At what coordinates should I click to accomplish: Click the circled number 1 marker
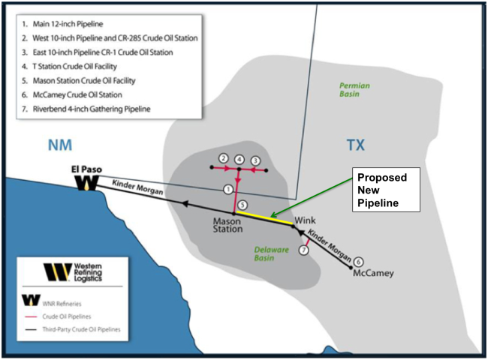228,189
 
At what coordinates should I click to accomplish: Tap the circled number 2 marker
224,158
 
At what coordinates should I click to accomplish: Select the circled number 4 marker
239,160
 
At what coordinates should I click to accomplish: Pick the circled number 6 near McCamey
359,262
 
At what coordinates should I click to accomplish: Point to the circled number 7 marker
304,250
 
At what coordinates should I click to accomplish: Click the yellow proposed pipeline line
265,217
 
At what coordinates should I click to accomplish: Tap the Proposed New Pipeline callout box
386,190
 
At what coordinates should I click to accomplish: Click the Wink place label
305,220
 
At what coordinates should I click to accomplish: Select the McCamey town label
373,274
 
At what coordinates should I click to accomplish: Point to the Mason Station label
227,226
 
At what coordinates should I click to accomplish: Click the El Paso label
86,169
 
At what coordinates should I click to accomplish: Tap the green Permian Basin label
354,89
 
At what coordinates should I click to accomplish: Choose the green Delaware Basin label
267,253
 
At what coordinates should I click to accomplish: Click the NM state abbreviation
60,145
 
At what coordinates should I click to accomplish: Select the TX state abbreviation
355,145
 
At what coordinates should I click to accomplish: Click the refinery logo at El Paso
87,183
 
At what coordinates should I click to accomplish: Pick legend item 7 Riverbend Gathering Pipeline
86,109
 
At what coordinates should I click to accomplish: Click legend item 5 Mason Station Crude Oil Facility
79,81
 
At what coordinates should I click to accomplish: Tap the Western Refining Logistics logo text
88,272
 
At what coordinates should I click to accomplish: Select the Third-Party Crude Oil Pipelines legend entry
73,329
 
